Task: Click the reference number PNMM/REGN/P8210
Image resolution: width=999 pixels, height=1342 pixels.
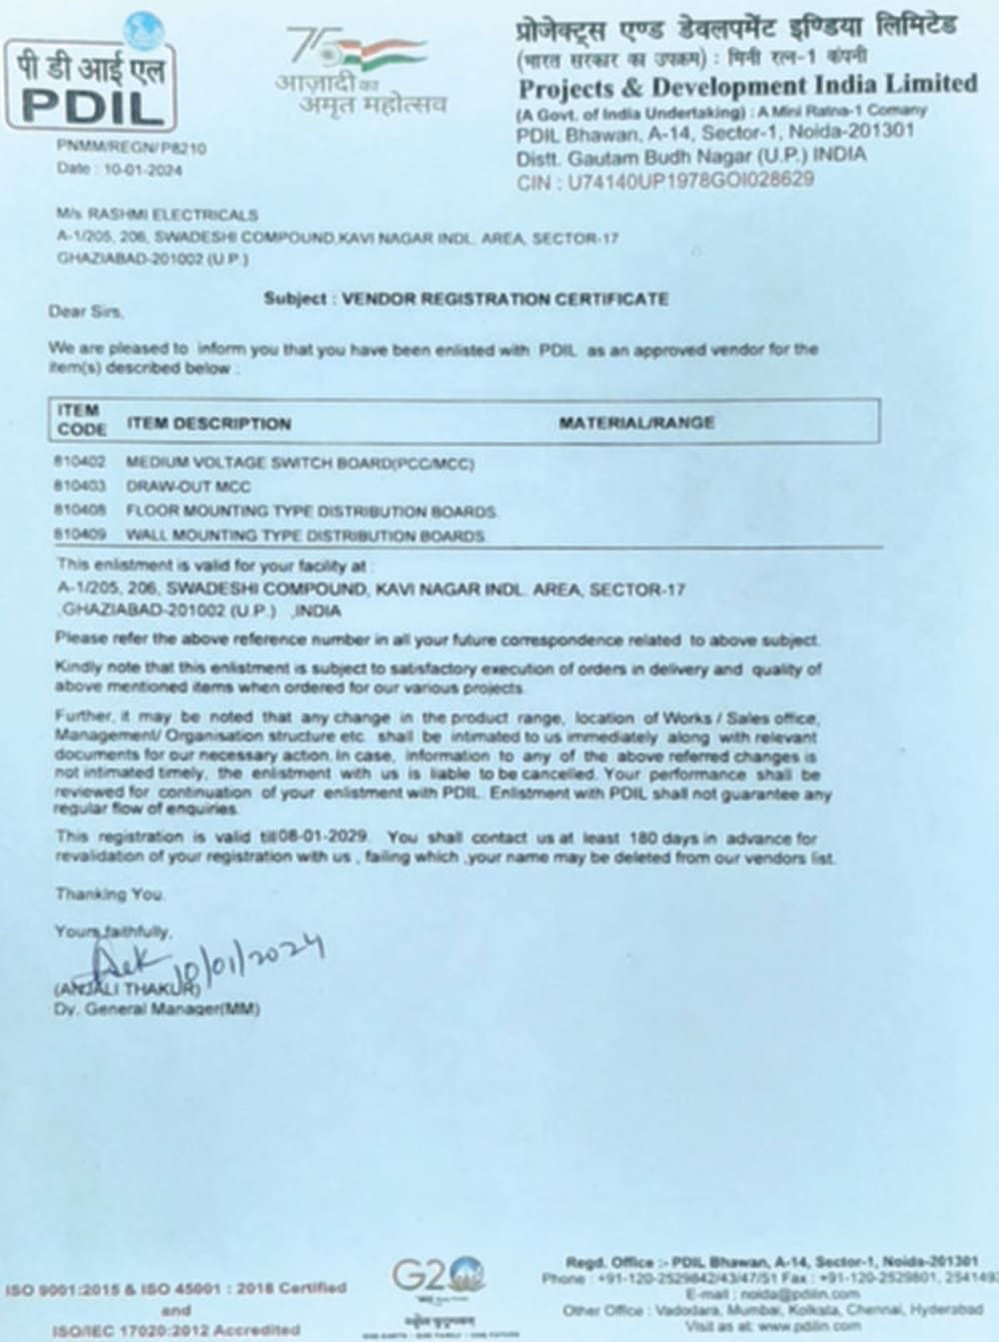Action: [132, 148]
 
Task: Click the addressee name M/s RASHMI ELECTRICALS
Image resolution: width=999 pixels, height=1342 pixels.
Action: [157, 215]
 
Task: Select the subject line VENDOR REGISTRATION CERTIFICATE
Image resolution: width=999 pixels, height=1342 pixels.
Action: [504, 298]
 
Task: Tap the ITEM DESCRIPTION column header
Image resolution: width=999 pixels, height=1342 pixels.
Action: [209, 424]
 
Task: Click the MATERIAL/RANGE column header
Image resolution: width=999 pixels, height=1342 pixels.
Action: [636, 423]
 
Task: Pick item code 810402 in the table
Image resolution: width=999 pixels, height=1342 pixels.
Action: [80, 463]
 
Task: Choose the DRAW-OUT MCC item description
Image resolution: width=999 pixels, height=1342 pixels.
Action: [189, 487]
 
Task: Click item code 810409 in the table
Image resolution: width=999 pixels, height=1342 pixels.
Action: [80, 535]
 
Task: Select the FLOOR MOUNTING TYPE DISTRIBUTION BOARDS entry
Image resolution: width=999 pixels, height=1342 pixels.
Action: [312, 511]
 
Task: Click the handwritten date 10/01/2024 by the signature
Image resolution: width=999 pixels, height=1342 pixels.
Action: [250, 959]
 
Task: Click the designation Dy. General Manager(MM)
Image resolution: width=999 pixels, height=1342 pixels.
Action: [157, 1008]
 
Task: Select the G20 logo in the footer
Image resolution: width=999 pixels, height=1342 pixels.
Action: [437, 1276]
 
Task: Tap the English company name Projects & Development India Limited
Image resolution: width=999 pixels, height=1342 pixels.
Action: [747, 84]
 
